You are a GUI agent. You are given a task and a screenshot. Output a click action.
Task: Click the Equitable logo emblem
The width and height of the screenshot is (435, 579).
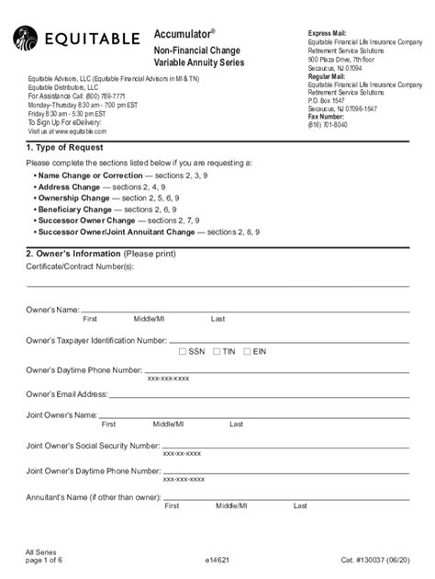[26, 40]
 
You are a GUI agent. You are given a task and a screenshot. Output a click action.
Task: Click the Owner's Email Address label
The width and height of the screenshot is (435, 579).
[67, 393]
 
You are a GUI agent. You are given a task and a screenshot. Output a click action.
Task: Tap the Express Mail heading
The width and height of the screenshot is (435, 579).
[327, 33]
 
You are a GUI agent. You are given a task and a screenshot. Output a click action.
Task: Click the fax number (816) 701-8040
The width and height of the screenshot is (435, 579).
[328, 125]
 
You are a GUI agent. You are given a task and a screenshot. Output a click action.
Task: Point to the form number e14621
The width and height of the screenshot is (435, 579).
[217, 558]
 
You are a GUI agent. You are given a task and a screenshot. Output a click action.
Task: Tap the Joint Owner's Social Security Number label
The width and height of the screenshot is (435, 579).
[93, 445]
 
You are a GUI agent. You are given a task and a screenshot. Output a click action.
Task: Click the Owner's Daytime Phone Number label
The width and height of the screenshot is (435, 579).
[84, 369]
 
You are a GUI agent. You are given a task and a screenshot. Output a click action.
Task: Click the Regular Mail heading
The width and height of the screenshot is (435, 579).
[327, 76]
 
